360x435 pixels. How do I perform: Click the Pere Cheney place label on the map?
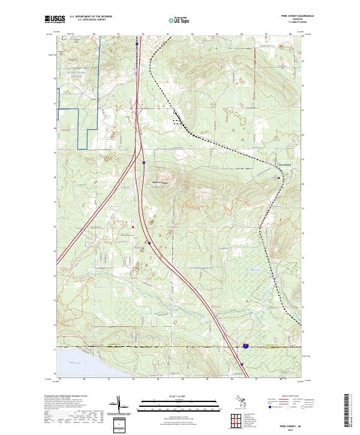283,164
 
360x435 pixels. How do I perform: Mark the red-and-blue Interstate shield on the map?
245,346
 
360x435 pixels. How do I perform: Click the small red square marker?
133,227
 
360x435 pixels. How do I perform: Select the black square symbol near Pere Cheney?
278,178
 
